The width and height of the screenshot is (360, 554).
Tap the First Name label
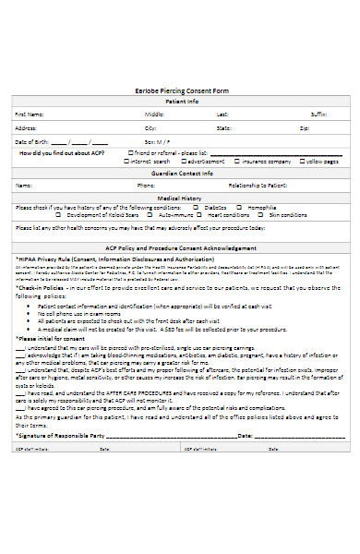pos(29,114)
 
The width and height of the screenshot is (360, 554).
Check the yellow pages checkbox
pos(301,161)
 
